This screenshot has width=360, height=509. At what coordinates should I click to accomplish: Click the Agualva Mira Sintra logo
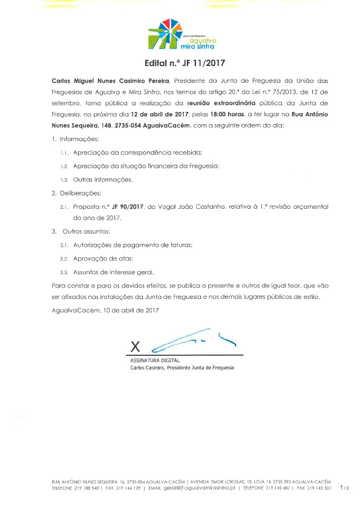(180, 34)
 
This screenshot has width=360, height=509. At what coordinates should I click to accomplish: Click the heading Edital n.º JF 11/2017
(180, 62)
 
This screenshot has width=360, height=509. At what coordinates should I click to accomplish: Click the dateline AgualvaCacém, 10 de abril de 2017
(105, 310)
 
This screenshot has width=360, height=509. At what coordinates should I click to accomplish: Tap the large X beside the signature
(135, 347)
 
